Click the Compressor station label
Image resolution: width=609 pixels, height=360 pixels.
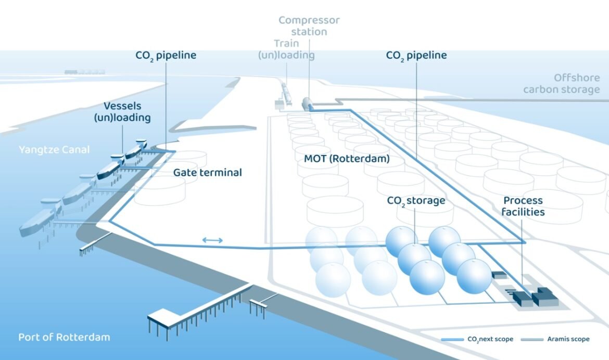[x=309, y=26]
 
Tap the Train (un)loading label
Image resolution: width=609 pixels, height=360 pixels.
[x=286, y=49]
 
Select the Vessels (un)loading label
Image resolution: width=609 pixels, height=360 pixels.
[x=122, y=112]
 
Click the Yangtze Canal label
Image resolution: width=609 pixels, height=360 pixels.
[x=54, y=150]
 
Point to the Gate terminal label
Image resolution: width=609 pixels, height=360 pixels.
[x=207, y=172]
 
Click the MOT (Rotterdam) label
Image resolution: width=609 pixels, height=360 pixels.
[x=342, y=159]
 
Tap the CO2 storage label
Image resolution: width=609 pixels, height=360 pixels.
[x=415, y=201]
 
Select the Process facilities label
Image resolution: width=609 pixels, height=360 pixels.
[x=524, y=206]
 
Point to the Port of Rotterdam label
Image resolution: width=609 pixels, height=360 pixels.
[x=64, y=337]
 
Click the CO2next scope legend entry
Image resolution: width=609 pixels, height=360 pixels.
[x=477, y=339]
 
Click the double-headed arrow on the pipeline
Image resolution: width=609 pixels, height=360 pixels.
[x=212, y=240]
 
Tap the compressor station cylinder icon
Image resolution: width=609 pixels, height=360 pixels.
[x=307, y=103]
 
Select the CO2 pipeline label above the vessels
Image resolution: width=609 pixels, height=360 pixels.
[x=165, y=55]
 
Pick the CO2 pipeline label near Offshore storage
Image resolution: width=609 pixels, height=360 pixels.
[x=416, y=55]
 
